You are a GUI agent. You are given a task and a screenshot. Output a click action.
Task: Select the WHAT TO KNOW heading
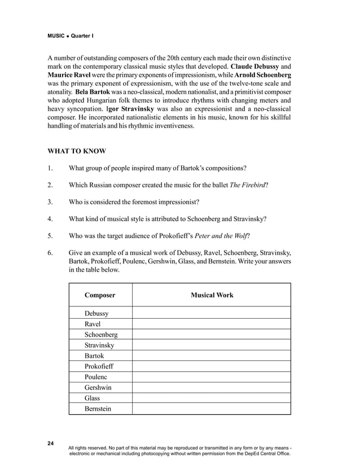(76, 151)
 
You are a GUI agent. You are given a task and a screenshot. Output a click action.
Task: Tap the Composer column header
(100, 295)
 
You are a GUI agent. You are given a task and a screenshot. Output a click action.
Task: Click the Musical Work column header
(212, 295)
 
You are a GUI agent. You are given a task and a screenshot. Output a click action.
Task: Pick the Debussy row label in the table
(96, 313)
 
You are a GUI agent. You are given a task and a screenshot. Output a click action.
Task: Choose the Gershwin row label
(98, 388)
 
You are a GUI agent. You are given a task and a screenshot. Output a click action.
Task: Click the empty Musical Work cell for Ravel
(212, 324)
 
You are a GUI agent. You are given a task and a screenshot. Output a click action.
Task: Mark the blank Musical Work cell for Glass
(212, 398)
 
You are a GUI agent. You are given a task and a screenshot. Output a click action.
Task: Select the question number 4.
(50, 219)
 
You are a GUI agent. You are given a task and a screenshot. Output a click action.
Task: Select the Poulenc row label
(95, 377)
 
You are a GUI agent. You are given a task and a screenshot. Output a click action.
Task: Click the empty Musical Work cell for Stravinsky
(212, 345)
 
